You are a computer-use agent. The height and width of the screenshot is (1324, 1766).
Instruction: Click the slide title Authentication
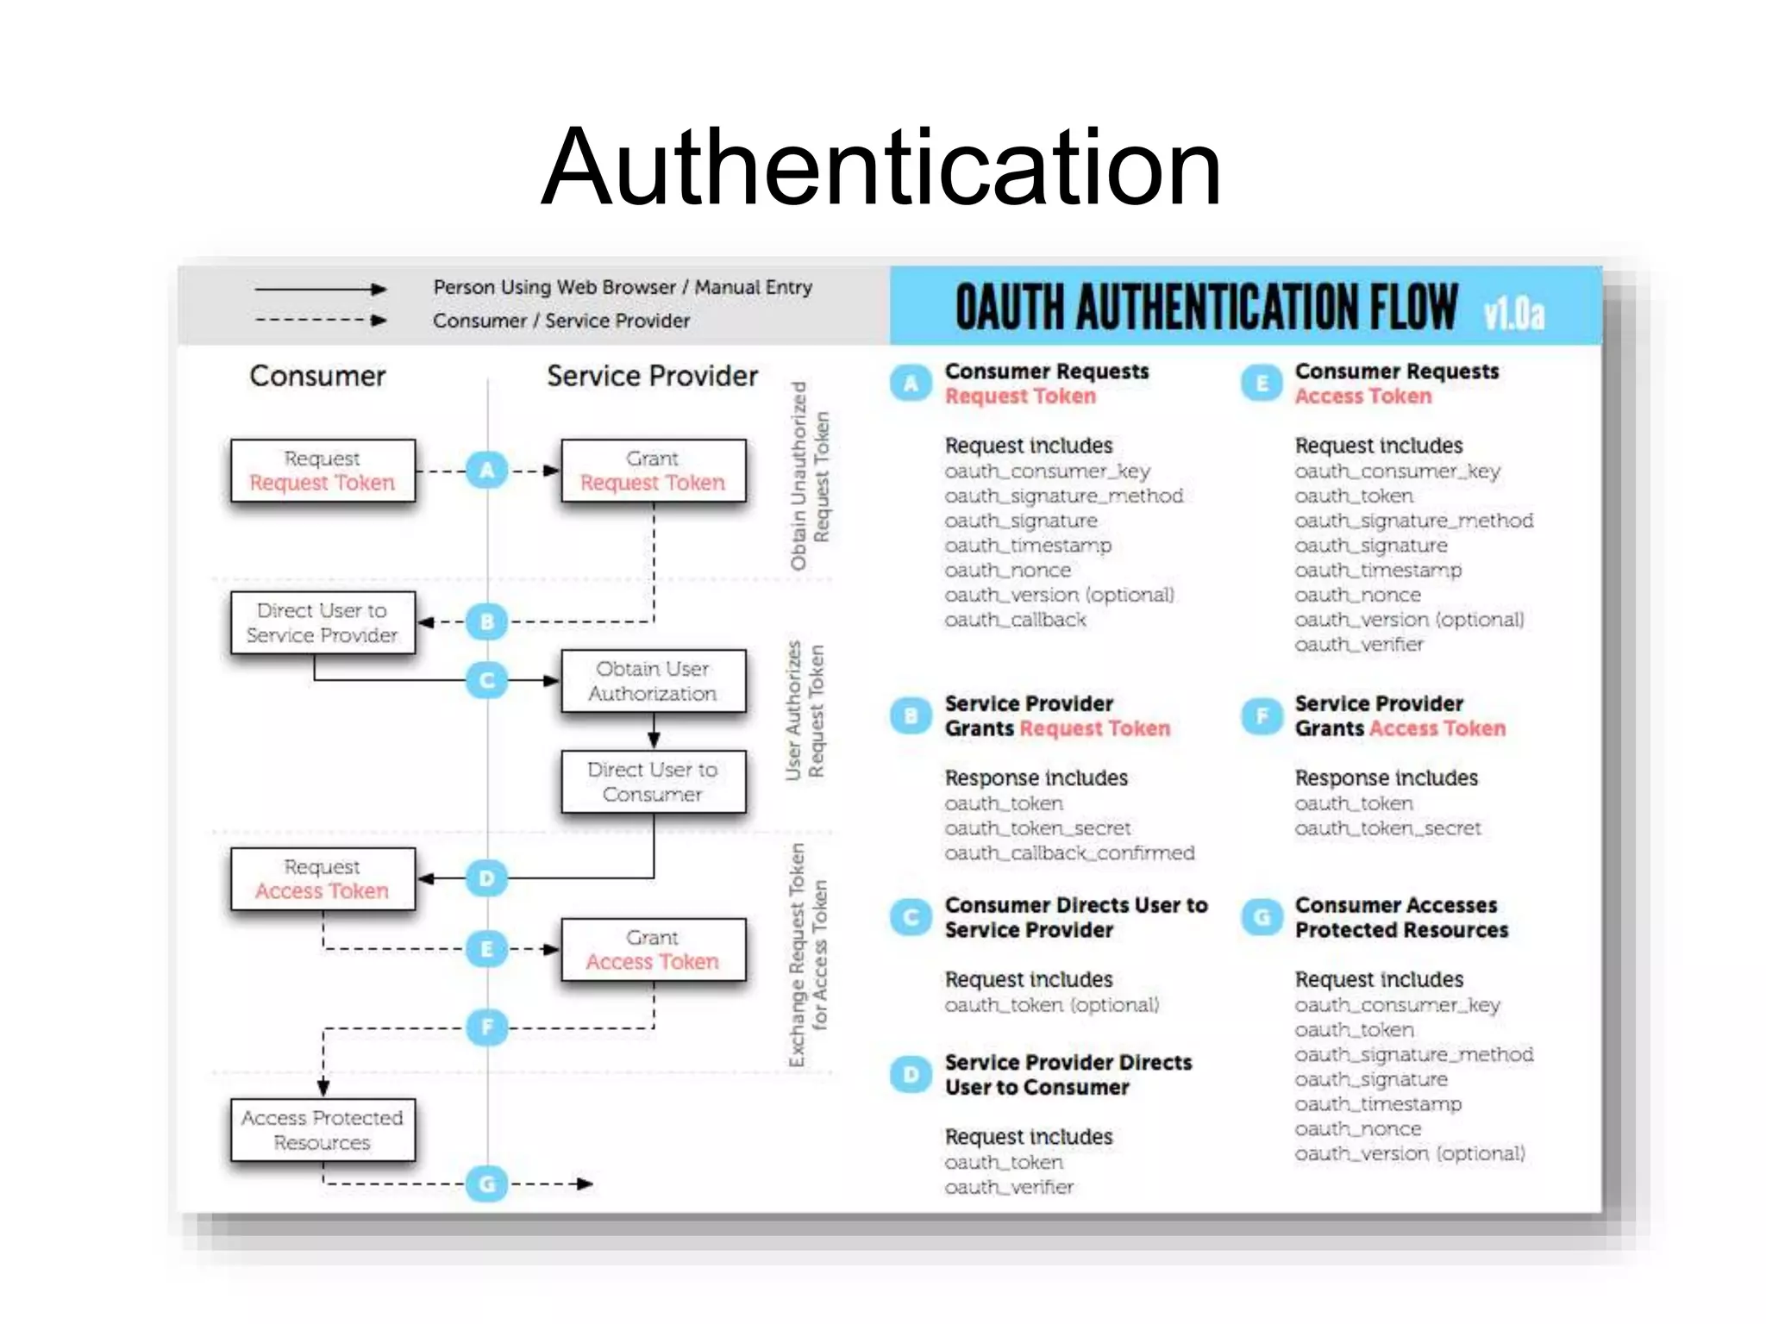click(x=881, y=167)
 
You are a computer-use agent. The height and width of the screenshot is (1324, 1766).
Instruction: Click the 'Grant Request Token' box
click(x=653, y=471)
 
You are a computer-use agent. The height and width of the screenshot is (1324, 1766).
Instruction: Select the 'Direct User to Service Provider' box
click(x=323, y=622)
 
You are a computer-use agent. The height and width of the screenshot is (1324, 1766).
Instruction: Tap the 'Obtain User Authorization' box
click(x=653, y=681)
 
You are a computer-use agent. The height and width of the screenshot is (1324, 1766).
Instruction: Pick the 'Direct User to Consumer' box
click(x=653, y=782)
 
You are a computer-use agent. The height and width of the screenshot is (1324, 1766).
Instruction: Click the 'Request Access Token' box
click(x=323, y=878)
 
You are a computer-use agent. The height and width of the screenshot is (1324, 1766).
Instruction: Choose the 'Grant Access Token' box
click(x=653, y=949)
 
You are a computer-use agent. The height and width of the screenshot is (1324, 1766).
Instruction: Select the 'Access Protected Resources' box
click(x=323, y=1130)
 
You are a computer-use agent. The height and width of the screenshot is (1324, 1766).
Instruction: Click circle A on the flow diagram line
click(x=487, y=471)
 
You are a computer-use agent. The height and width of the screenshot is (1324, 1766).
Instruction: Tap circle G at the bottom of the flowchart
click(x=487, y=1183)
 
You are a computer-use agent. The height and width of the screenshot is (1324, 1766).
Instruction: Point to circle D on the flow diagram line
click(x=487, y=878)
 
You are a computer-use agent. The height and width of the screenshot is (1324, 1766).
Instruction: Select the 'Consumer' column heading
click(x=317, y=376)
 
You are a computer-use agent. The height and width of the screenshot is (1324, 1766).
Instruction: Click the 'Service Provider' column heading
click(x=652, y=376)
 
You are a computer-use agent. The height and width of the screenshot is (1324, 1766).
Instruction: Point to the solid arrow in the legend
click(x=320, y=289)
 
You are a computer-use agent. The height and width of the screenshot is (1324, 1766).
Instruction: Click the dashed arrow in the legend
click(x=320, y=321)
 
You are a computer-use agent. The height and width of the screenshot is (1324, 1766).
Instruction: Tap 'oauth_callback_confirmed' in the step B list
click(x=1069, y=853)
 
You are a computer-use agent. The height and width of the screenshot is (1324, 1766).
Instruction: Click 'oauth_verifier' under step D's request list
click(x=1009, y=1187)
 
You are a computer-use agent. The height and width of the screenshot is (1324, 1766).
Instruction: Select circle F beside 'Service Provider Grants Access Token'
click(x=1262, y=716)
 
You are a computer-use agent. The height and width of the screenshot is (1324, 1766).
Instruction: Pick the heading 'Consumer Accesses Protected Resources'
click(x=1401, y=917)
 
